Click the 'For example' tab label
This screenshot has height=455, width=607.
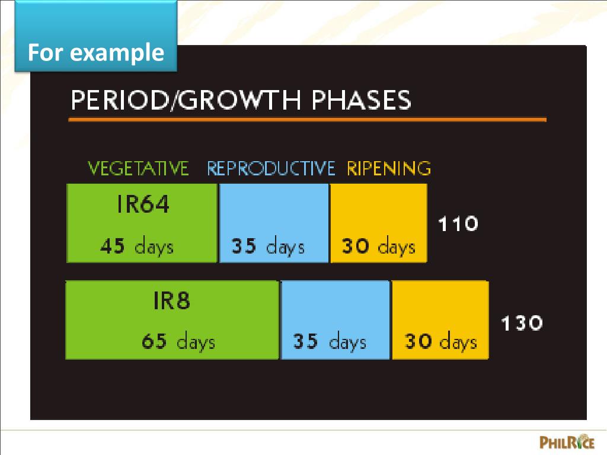(95, 53)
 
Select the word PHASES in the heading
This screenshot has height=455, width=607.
(361, 100)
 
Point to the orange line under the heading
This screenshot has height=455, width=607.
(307, 120)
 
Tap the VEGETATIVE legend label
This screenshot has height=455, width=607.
(138, 169)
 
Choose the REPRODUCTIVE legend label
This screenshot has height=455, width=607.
(271, 169)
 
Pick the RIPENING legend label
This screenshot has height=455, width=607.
(389, 169)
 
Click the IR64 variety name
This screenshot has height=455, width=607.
(142, 204)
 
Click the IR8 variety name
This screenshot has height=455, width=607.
(171, 302)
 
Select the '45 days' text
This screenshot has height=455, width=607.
(136, 245)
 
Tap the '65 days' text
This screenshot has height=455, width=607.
(178, 342)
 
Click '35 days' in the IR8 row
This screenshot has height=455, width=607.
(330, 342)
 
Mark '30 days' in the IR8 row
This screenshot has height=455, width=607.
(440, 342)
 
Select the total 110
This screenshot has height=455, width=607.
(458, 224)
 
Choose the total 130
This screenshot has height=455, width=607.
(522, 323)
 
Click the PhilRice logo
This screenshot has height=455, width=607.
(566, 441)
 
